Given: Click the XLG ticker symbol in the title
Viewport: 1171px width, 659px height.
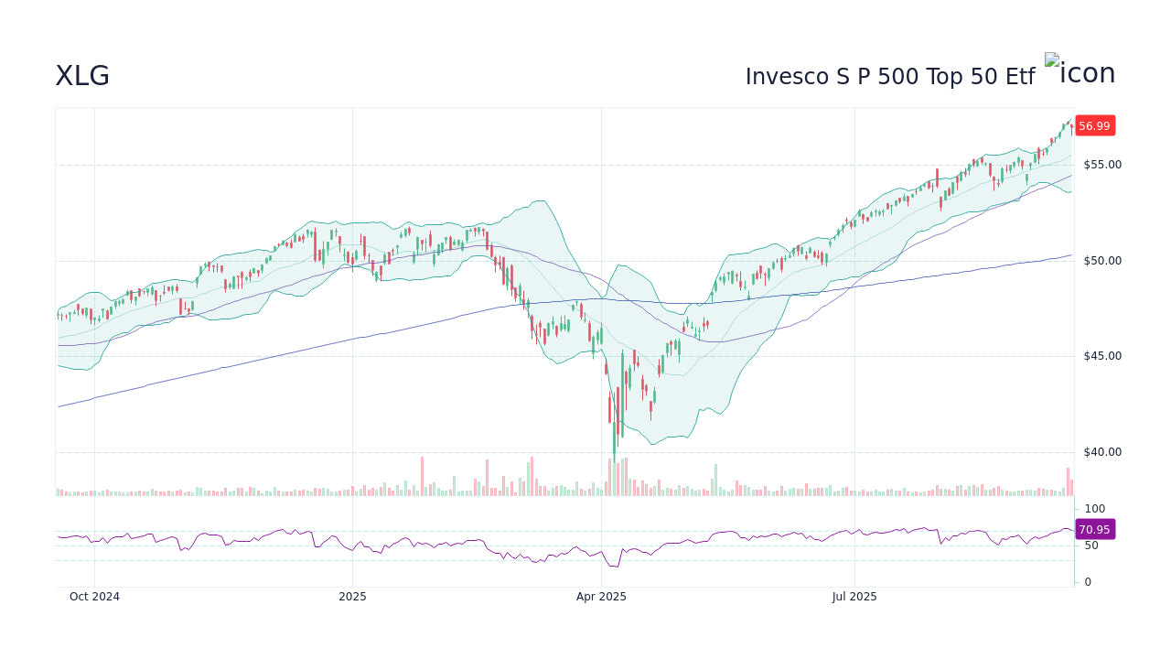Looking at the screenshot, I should (x=82, y=76).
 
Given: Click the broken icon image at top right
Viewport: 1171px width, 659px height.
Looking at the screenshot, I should (x=1052, y=61).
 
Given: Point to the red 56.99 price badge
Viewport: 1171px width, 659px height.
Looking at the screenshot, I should (x=1094, y=126).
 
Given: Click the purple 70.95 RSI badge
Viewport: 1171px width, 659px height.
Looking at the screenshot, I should (x=1094, y=529).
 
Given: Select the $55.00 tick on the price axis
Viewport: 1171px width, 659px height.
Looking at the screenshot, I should (x=1102, y=165).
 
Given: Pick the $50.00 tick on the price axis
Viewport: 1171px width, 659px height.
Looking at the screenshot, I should (x=1102, y=261).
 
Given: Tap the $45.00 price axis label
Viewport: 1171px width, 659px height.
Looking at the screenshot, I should (x=1102, y=356).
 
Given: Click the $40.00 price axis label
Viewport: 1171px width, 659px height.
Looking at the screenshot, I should (x=1102, y=452).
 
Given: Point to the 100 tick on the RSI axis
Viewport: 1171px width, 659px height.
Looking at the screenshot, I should (x=1095, y=509).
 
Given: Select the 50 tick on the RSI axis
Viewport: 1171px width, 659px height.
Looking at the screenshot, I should (x=1092, y=546).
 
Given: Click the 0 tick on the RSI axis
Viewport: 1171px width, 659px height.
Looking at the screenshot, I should (x=1088, y=582).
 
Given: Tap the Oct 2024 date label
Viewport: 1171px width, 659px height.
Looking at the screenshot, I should (x=94, y=597).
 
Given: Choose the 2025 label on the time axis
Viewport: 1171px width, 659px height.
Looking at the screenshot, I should (x=352, y=597).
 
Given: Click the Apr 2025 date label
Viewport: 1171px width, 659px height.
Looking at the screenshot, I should (x=601, y=597).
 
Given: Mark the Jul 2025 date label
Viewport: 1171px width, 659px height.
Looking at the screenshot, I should (x=854, y=597).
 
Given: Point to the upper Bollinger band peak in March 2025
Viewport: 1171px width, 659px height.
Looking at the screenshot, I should (x=542, y=201).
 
